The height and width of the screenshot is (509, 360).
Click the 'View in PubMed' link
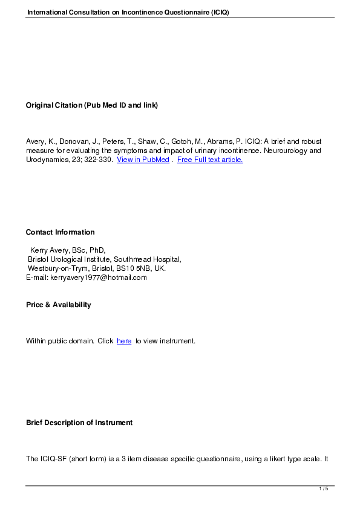pyautogui.click(x=143, y=160)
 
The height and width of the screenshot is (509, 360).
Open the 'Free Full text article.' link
pyautogui.click(x=210, y=160)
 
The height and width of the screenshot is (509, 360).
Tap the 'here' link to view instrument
pyautogui.click(x=124, y=341)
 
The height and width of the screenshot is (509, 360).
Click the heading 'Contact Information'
pyautogui.click(x=60, y=232)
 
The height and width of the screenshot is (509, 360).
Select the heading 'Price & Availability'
pyautogui.click(x=58, y=305)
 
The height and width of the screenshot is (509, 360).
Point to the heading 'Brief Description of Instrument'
pyautogui.click(x=79, y=423)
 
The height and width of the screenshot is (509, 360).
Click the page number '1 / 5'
pyautogui.click(x=324, y=488)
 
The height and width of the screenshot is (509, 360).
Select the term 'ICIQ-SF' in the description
pyautogui.click(x=53, y=459)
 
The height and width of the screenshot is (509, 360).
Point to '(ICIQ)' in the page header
pyautogui.click(x=220, y=13)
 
